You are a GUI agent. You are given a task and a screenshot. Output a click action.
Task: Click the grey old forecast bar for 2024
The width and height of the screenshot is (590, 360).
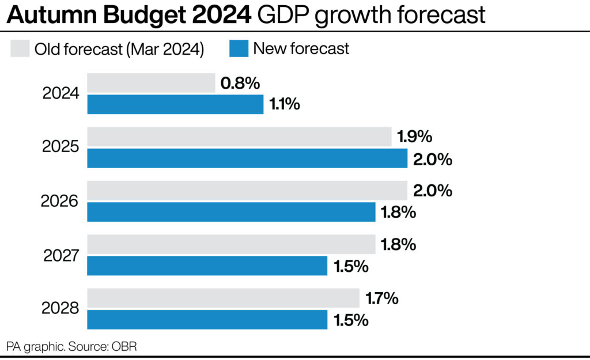coord(151,83)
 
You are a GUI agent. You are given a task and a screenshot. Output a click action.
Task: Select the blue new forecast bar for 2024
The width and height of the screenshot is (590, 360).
coord(175,105)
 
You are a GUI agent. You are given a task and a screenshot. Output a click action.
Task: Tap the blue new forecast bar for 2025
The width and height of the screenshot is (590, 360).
coord(247,158)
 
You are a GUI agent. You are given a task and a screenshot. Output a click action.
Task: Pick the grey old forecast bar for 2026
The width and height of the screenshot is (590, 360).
coord(247,191)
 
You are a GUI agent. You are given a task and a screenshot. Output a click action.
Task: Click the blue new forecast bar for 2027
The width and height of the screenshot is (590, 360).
coord(207,266)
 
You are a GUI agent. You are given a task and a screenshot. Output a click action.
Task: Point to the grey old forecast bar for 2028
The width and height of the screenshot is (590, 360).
coord(223,298)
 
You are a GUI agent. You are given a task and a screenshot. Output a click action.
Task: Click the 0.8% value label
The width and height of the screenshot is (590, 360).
coord(240,84)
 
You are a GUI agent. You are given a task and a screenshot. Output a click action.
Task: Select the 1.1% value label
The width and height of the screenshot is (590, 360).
coord(284,105)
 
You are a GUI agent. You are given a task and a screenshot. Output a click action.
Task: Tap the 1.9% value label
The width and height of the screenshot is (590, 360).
coord(415,138)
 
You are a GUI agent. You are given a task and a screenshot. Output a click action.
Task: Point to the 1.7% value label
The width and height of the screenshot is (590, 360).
coord(382,299)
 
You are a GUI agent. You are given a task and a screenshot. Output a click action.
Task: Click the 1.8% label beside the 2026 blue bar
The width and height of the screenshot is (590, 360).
coord(398,213)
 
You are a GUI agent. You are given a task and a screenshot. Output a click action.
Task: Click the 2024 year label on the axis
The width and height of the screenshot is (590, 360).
coord(60,93)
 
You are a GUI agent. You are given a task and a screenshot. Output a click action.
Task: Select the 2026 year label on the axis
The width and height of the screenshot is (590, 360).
coord(60,201)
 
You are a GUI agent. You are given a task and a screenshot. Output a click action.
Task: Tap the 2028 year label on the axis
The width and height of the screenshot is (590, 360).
coord(60,309)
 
